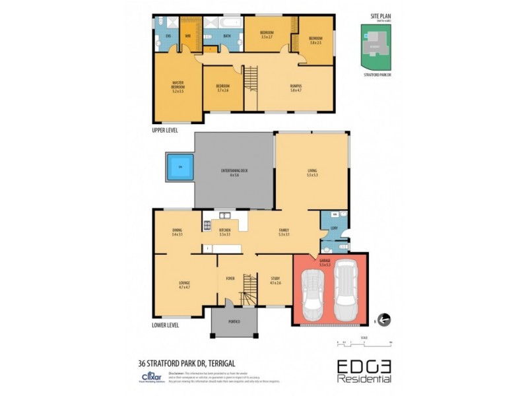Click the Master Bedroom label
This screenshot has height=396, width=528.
click(x=178, y=86)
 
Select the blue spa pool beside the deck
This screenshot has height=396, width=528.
click(x=178, y=168)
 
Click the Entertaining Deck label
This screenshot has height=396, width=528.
click(x=234, y=174)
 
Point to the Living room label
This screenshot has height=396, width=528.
click(x=312, y=174)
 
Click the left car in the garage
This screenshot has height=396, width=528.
click(x=312, y=293)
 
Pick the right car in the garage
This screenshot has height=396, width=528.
click(x=345, y=288)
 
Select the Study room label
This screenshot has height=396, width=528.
click(x=275, y=280)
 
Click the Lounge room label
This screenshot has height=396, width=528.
click(x=184, y=285)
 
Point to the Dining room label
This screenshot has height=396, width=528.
click(x=177, y=232)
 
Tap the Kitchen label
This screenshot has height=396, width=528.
click(x=224, y=232)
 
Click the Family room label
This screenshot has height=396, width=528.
click(x=284, y=232)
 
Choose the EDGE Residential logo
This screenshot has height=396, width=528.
click(x=364, y=370)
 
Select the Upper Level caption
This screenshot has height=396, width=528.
click(x=165, y=130)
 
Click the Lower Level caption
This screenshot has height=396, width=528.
click(x=166, y=325)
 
